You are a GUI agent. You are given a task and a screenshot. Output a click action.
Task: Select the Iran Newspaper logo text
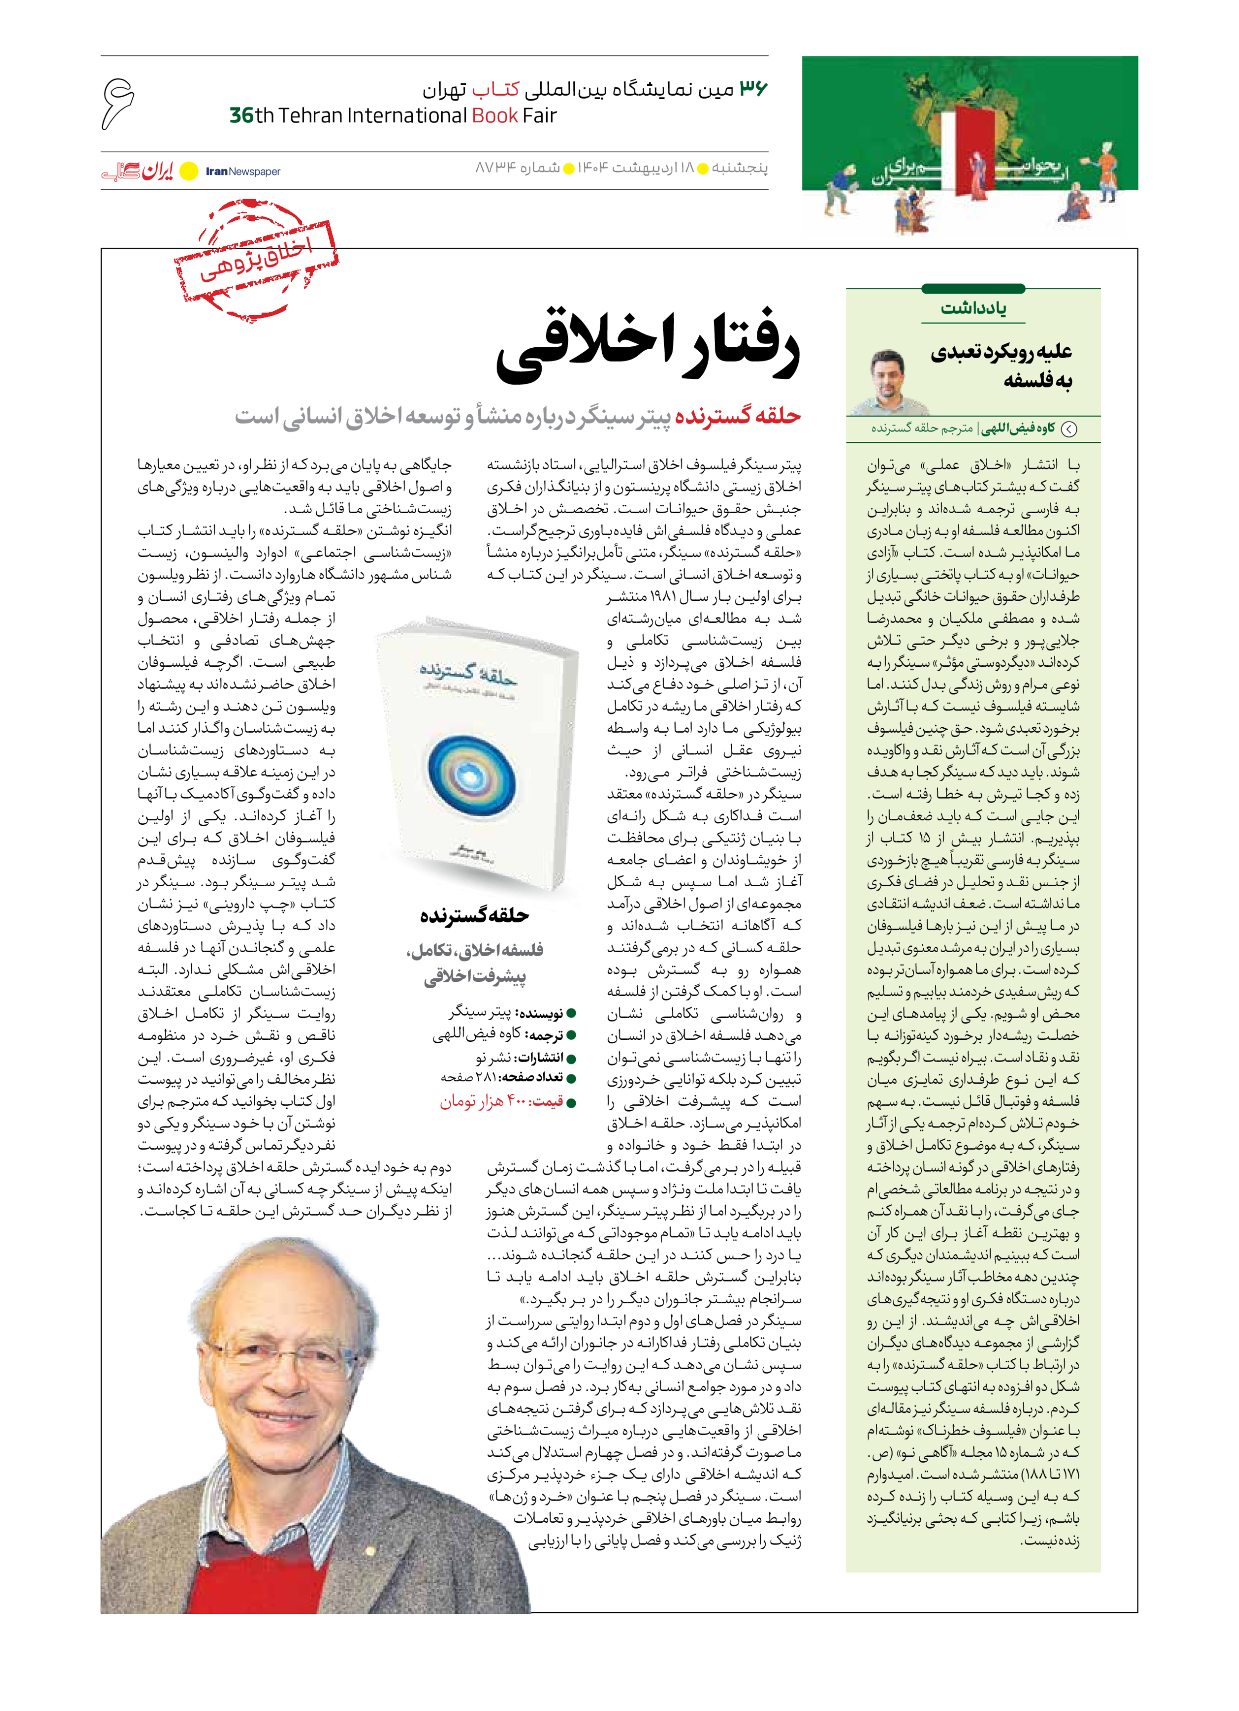tap(242, 171)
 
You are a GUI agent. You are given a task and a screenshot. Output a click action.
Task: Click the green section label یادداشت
tap(973, 308)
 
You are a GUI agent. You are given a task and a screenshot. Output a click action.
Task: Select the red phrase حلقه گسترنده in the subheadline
tap(737, 416)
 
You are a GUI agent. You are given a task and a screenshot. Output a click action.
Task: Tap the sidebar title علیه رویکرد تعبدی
tap(1001, 352)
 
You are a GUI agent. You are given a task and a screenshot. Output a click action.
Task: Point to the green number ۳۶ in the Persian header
tap(752, 88)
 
